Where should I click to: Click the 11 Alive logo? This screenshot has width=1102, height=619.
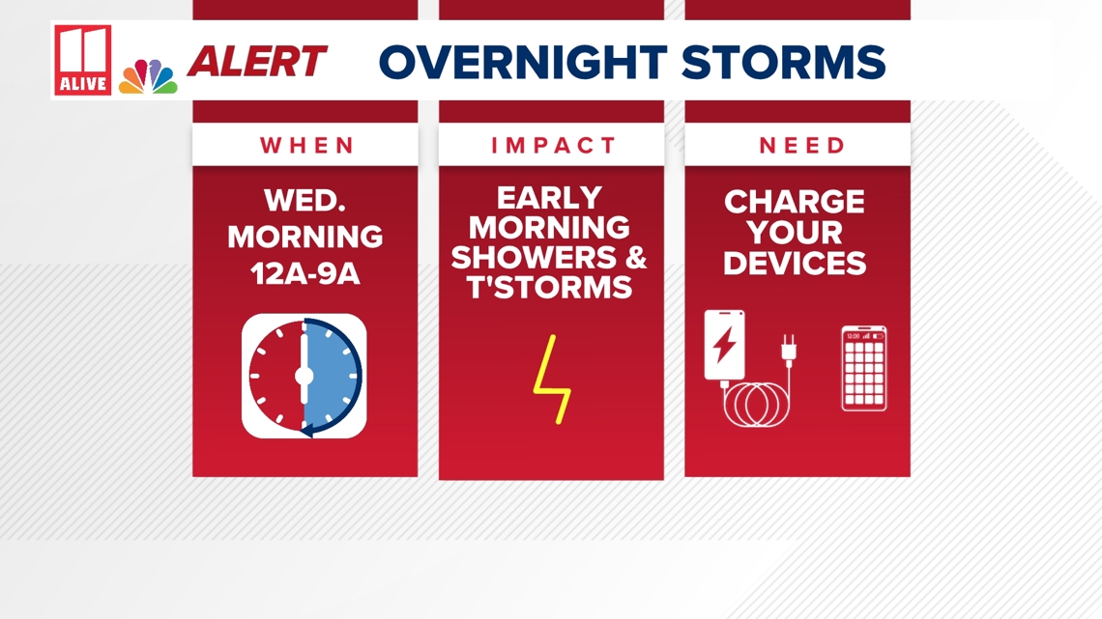click(x=83, y=60)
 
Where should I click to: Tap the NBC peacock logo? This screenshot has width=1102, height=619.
click(x=148, y=76)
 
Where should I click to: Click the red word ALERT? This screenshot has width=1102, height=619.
click(x=257, y=61)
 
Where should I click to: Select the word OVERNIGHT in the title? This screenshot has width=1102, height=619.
click(x=523, y=62)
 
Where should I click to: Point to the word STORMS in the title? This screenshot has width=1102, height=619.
click(x=784, y=62)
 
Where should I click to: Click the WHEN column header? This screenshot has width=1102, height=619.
click(x=307, y=145)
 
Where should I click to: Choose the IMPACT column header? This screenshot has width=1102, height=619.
click(x=553, y=145)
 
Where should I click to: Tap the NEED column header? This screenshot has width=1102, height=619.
click(x=802, y=145)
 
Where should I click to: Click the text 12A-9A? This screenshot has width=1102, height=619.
click(x=305, y=273)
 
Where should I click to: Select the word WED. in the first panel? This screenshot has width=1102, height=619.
click(x=305, y=201)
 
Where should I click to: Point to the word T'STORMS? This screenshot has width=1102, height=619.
click(x=550, y=288)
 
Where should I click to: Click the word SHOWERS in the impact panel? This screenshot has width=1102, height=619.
click(x=534, y=258)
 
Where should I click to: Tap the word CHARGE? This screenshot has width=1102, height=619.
click(x=795, y=202)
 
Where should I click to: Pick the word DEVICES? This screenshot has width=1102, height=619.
click(x=795, y=264)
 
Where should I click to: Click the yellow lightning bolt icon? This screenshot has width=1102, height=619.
click(x=552, y=379)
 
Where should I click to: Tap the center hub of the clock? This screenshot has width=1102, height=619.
click(x=304, y=376)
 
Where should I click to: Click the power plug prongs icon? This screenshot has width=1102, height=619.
click(x=789, y=351)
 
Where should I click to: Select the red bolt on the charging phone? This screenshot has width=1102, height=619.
click(x=725, y=345)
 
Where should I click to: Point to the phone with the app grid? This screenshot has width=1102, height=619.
click(x=864, y=369)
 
